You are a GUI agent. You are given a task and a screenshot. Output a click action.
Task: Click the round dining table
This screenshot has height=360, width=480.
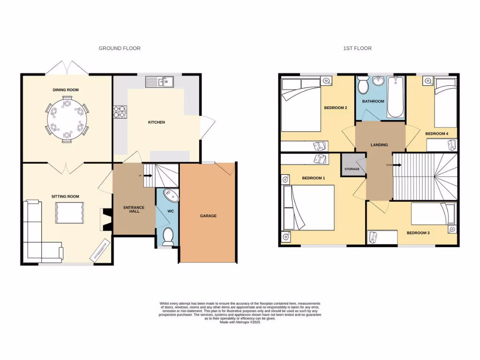tap(67, 119)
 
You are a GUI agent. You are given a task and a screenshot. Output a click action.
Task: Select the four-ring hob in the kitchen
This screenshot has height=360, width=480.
tap(120, 112)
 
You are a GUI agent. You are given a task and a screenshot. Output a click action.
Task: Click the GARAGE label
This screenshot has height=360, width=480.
tap(208, 216)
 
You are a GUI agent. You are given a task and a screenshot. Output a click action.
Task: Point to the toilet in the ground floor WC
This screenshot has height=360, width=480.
tap(168, 236)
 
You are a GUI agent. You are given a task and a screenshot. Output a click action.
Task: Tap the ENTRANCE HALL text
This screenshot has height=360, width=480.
tap(134, 210)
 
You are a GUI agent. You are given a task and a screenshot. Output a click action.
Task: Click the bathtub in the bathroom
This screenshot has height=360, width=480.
tap(395, 97)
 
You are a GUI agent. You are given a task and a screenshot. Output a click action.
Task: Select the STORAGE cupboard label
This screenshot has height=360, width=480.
tap(352, 169)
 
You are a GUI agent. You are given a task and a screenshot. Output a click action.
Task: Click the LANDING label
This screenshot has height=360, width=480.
tap(379, 145)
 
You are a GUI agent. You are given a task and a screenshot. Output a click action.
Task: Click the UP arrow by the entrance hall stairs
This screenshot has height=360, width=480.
tap(146, 175)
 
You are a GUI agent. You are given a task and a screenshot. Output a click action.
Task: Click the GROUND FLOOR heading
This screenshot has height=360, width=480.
tap(119, 48)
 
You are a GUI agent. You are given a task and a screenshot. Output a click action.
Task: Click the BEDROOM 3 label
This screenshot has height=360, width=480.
tap(417, 233)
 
